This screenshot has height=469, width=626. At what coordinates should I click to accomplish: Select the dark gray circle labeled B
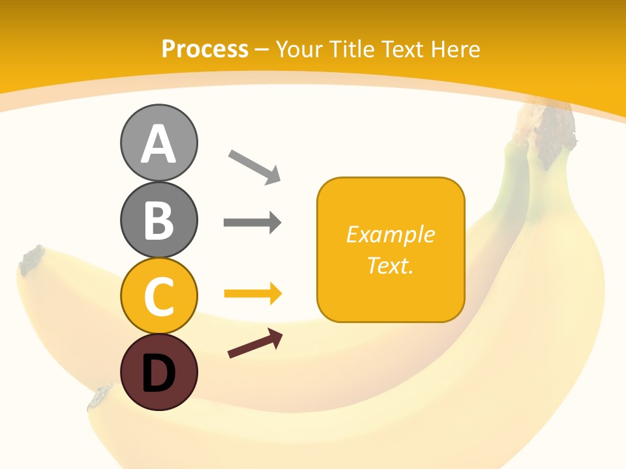tap(158, 220)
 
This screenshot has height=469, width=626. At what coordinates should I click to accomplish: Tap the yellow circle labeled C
tap(158, 296)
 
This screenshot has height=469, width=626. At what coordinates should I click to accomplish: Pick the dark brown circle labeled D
tap(158, 372)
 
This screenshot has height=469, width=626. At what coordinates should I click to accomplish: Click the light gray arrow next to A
tap(254, 166)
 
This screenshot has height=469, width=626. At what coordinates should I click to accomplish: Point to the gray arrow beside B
tap(252, 223)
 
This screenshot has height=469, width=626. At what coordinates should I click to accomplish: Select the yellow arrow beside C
tap(253, 294)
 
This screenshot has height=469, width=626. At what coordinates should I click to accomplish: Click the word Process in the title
tap(205, 50)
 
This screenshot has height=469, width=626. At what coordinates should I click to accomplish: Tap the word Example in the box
tap(390, 234)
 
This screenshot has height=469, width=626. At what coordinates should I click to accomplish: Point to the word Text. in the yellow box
tap(390, 265)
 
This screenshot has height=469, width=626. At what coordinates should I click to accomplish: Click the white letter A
tap(158, 145)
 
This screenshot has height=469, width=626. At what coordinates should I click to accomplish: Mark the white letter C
tap(158, 297)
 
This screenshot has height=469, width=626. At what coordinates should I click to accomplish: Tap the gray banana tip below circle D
tap(101, 396)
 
